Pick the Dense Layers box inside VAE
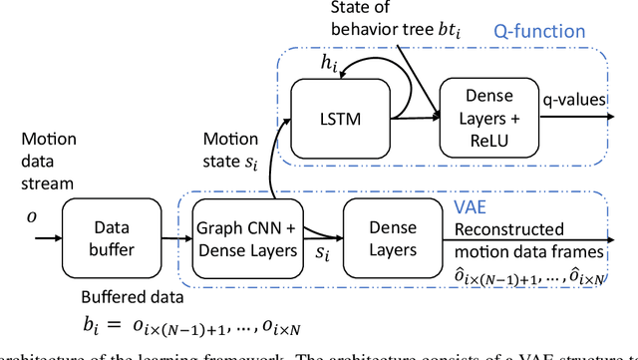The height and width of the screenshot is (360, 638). (x=385, y=239)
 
